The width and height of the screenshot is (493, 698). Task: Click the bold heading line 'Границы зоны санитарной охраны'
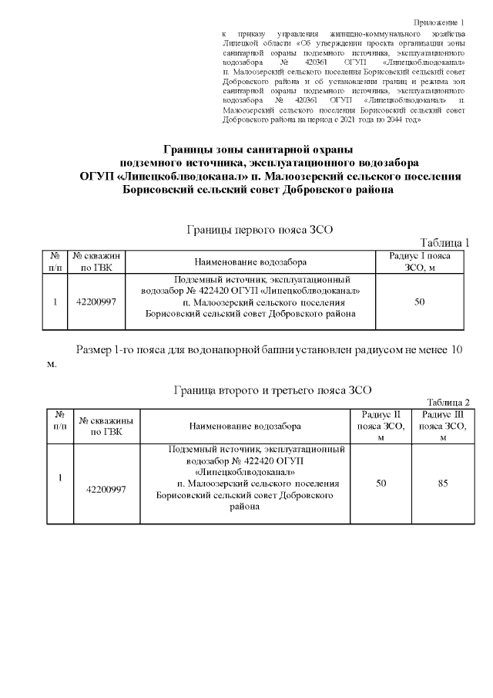pyautogui.click(x=257, y=149)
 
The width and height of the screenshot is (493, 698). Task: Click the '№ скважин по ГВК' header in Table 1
pyautogui.click(x=96, y=261)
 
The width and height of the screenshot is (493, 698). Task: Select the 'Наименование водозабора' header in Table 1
pyautogui.click(x=250, y=261)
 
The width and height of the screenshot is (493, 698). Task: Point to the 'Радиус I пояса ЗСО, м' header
pyautogui.click(x=420, y=261)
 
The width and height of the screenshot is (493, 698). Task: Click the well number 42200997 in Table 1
pyautogui.click(x=96, y=302)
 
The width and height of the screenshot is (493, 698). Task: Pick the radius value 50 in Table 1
pyautogui.click(x=420, y=302)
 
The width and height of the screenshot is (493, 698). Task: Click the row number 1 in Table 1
pyautogui.click(x=55, y=302)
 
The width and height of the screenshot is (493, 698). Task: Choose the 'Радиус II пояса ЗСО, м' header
pyautogui.click(x=381, y=426)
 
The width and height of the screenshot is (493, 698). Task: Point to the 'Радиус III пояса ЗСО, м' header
pyautogui.click(x=442, y=426)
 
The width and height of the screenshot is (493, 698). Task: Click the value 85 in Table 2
pyautogui.click(x=442, y=484)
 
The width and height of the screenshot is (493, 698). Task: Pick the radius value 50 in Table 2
pyautogui.click(x=381, y=484)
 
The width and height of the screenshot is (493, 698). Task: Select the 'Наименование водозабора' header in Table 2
pyautogui.click(x=245, y=426)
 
